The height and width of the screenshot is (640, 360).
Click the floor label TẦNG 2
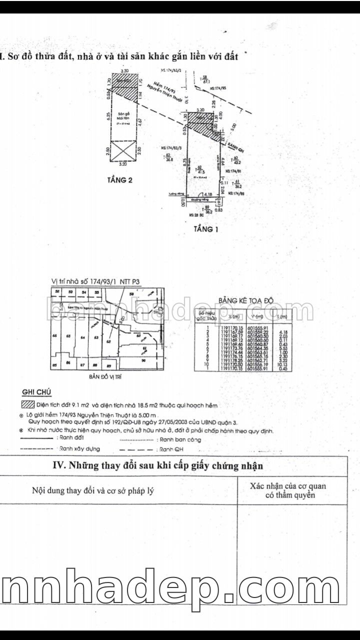tap(119, 180)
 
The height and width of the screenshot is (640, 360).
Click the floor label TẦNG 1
tap(206, 230)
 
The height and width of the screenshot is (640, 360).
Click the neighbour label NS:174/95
tap(218, 88)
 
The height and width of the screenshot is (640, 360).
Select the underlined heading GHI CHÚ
tap(37, 392)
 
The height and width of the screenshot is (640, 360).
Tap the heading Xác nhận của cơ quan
tap(291, 485)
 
